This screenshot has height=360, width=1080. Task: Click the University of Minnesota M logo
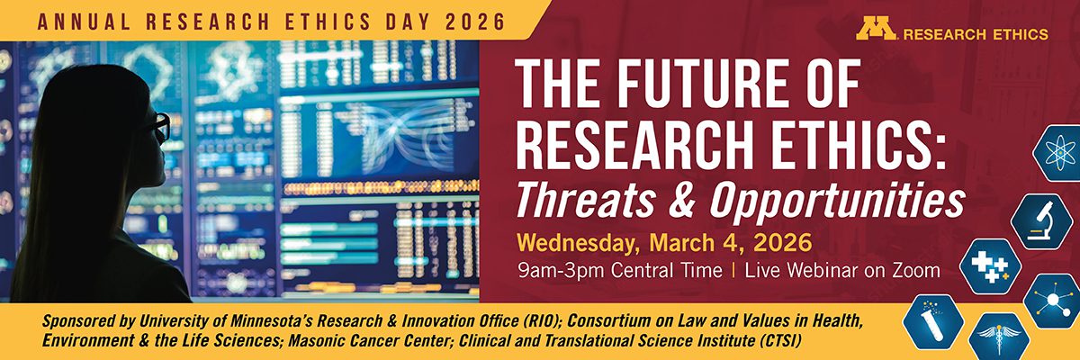[876, 30]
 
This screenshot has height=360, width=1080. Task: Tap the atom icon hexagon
[1057, 153]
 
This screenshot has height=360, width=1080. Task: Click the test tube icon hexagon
[933, 321]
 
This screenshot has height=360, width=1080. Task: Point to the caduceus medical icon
[998, 337]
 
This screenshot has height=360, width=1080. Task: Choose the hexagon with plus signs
[990, 266]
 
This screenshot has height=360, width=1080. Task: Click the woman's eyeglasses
[159, 127]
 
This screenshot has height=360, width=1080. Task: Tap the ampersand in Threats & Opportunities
[682, 200]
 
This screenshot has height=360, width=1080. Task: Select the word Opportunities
[838, 201]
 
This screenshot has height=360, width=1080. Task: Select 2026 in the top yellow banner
[475, 22]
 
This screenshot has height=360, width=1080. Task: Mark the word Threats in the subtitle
[585, 200]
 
